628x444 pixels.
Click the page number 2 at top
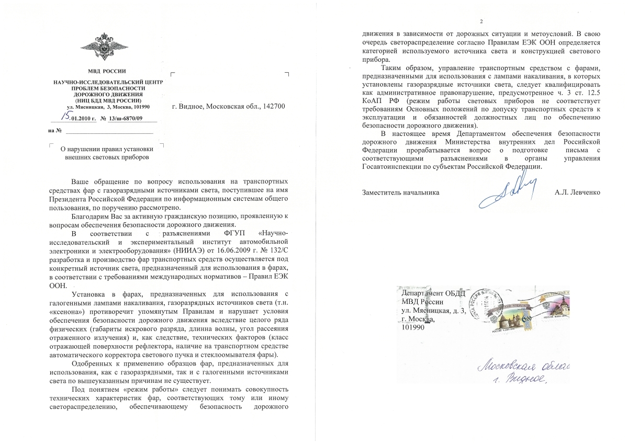[x=480, y=21]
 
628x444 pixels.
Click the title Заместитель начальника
[x=400, y=192]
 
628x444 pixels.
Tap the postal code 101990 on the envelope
[x=413, y=328]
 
